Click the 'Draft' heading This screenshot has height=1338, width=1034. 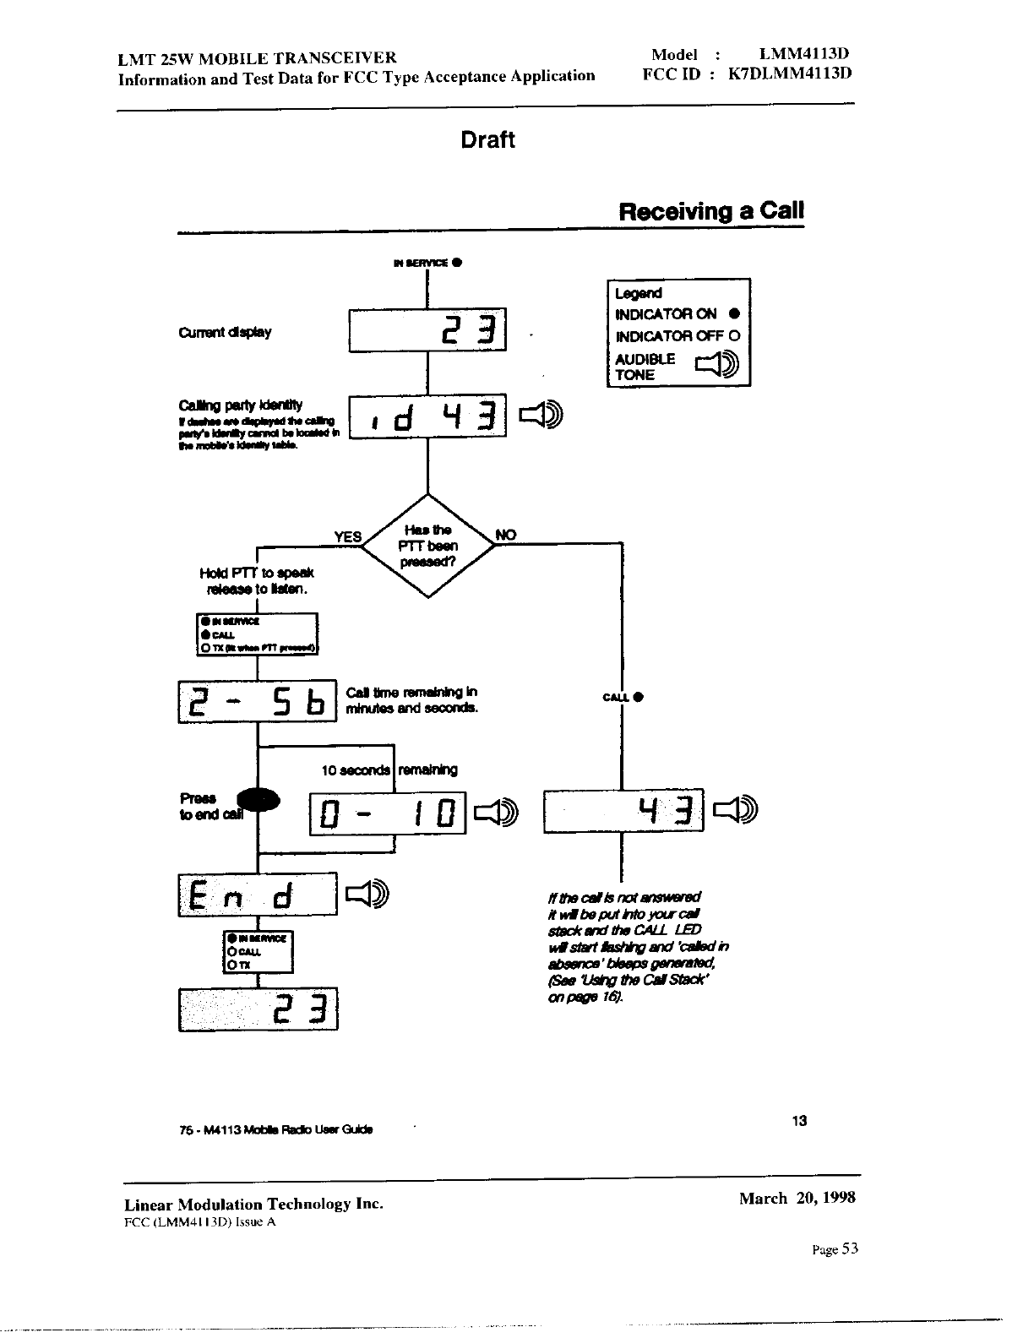click(487, 140)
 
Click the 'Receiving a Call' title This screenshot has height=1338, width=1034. click(710, 211)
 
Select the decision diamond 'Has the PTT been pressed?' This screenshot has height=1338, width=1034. click(428, 546)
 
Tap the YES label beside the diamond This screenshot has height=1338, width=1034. click(347, 537)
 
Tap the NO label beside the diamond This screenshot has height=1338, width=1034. click(505, 535)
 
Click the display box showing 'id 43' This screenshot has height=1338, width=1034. click(427, 416)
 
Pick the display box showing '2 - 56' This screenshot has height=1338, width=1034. click(257, 701)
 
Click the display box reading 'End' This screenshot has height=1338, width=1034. click(258, 894)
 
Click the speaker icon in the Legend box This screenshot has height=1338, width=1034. click(716, 366)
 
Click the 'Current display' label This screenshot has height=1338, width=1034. click(225, 332)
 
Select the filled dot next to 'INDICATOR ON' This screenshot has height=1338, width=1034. click(734, 314)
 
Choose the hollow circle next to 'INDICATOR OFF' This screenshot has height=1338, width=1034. click(734, 335)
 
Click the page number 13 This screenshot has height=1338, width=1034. click(799, 1121)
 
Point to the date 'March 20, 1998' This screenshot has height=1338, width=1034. click(797, 1198)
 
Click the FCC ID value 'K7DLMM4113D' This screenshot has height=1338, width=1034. click(789, 73)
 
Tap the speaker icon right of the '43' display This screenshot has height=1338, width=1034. click(737, 810)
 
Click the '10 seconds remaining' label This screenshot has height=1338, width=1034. click(389, 770)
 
